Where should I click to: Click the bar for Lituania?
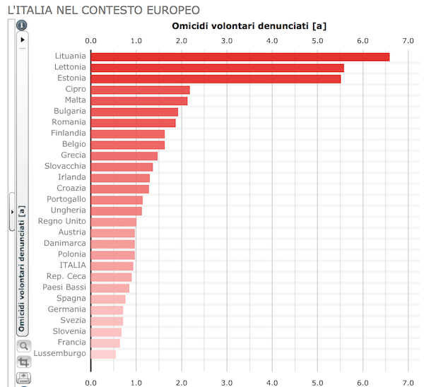point(240,56)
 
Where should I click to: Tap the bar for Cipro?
point(140,90)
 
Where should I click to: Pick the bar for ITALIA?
point(112,266)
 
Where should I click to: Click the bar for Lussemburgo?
point(103,354)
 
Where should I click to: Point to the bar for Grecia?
point(124,155)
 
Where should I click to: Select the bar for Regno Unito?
point(113,222)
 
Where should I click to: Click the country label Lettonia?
point(70,67)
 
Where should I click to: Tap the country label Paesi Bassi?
point(66,287)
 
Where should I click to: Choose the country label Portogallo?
point(66,199)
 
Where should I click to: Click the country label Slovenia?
point(68,331)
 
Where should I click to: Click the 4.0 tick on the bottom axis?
point(272,381)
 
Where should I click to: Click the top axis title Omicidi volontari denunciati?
point(249,26)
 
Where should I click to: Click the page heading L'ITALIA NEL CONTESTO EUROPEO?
point(102,10)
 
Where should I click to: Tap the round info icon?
point(22,25)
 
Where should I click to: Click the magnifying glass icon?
point(23,346)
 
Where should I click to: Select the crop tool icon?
point(23,362)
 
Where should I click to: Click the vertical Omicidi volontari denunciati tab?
point(22,268)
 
